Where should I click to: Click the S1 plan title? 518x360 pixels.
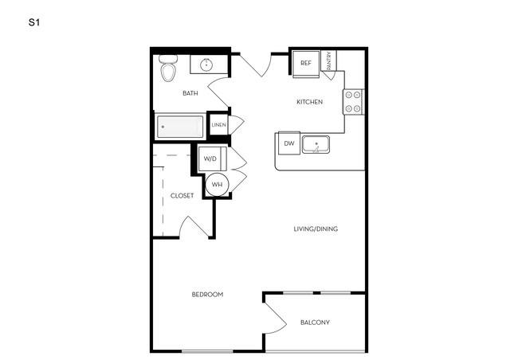[34, 22]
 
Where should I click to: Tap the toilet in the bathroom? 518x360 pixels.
[168, 68]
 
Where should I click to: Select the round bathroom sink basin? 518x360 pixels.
[207, 65]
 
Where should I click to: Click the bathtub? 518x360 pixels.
[180, 127]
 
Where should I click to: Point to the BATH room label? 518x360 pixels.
[190, 93]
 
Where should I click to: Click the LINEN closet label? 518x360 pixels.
[218, 125]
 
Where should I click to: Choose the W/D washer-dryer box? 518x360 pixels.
[212, 158]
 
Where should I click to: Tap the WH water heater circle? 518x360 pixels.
[217, 185]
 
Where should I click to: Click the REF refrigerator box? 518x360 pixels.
[306, 64]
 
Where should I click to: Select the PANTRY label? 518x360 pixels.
[328, 61]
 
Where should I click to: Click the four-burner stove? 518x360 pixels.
[353, 102]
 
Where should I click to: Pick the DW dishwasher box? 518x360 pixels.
[289, 143]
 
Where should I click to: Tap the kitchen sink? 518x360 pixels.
[316, 145]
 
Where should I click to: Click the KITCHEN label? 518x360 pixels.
[309, 102]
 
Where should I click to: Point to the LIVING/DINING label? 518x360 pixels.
[316, 229]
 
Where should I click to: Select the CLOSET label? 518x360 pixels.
[182, 196]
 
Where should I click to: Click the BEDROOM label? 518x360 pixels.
[207, 294]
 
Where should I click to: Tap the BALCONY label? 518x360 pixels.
[315, 323]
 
